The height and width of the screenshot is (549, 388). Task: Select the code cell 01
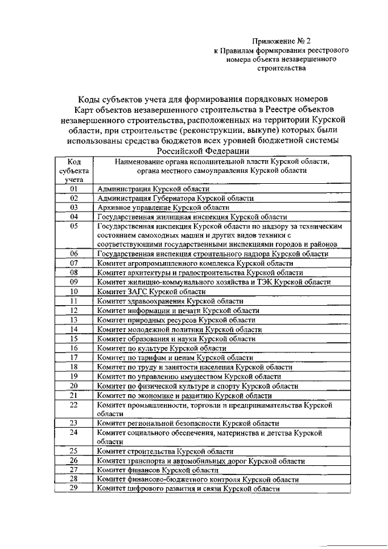[x=74, y=189]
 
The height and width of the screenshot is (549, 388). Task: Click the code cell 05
[x=74, y=226]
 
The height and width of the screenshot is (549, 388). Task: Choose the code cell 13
[x=74, y=319]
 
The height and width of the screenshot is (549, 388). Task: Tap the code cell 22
[x=74, y=404]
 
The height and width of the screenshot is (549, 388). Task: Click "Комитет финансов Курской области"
[x=157, y=470]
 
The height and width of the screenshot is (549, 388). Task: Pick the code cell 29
[x=74, y=488]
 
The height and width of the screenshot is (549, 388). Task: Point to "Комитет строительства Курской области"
[x=165, y=451]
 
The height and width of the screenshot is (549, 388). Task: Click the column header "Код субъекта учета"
[x=74, y=170]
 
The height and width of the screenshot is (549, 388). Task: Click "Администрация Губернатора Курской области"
[x=175, y=198]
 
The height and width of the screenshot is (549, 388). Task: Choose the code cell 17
[x=74, y=357]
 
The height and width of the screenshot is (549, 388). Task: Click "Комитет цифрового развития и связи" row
[x=188, y=488]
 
